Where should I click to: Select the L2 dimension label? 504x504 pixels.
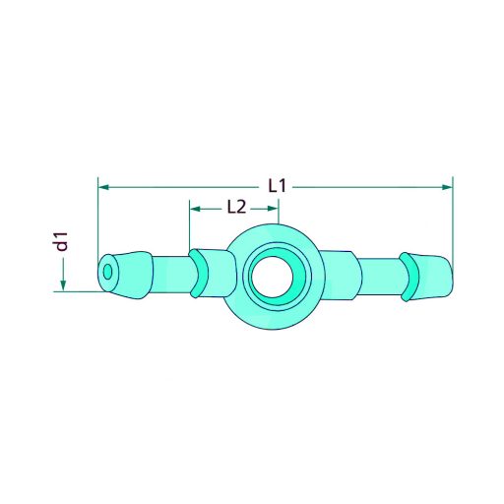point(235,208)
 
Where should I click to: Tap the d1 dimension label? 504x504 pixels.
point(62,240)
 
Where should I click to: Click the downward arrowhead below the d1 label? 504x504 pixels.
point(62,284)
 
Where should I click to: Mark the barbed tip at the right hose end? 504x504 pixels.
point(438,275)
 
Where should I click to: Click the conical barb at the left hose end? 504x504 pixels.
point(133,273)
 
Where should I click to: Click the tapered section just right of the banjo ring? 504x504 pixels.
point(340,274)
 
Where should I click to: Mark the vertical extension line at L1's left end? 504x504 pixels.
point(97,221)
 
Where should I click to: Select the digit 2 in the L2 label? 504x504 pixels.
point(239,208)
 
